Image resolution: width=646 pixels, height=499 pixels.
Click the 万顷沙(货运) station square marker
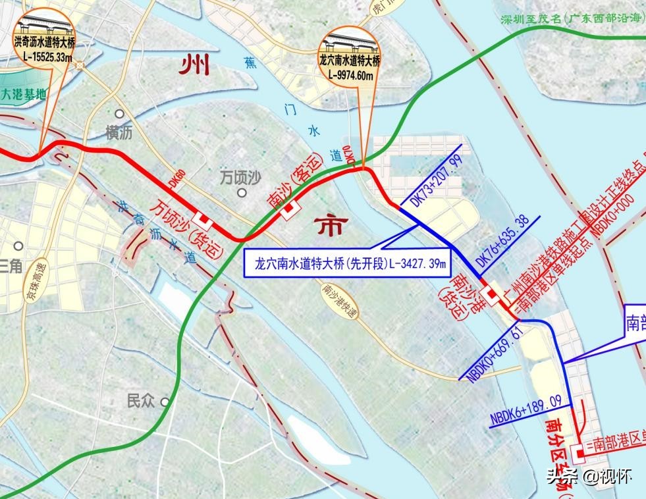(205, 219)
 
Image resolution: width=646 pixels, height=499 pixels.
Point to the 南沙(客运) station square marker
(288, 210)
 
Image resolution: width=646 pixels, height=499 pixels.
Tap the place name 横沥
(119, 133)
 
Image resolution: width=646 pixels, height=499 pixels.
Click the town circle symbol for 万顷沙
(242, 193)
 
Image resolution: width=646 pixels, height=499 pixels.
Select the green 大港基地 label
(24, 94)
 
